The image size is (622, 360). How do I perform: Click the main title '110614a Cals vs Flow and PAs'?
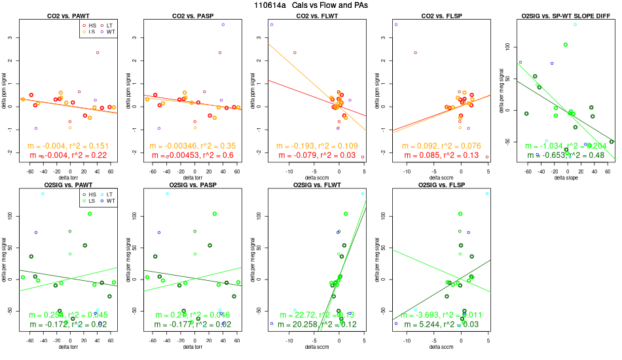[311, 5]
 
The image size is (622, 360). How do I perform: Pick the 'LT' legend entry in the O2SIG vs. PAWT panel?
[109, 194]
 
